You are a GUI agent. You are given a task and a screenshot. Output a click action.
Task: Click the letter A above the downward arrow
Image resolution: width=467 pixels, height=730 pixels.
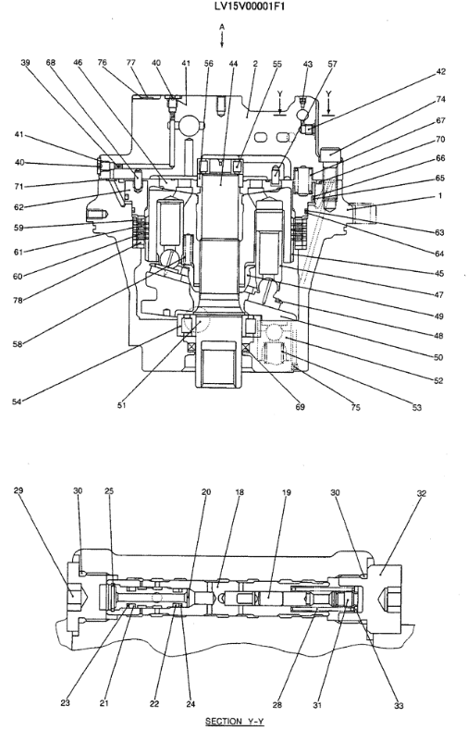coord(222,27)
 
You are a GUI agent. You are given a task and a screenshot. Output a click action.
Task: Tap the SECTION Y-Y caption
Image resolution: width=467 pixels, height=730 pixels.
coord(235,721)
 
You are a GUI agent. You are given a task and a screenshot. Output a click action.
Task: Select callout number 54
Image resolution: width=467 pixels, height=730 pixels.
coord(17,402)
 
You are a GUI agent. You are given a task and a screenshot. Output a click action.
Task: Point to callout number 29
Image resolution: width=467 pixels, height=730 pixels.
coord(18,490)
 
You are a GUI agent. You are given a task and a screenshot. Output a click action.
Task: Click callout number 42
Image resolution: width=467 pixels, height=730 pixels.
coord(440,71)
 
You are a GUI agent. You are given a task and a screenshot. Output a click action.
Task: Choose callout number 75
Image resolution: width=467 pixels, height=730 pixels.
coord(356,408)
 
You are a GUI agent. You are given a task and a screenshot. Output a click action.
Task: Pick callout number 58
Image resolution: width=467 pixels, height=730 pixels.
coord(18,344)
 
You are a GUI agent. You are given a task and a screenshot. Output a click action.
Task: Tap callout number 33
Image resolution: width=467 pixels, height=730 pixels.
coord(399,706)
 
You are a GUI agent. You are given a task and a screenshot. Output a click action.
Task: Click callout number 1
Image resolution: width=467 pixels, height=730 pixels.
coord(440,196)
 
